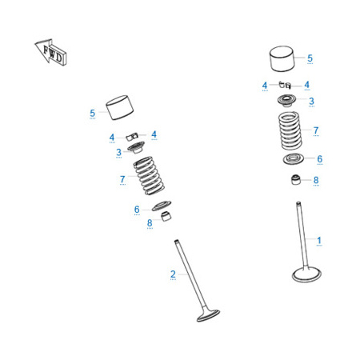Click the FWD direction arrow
point(50,52)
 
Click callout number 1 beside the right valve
point(319,240)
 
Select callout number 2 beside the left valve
point(173,274)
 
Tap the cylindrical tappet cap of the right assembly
point(282,59)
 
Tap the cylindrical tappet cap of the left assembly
point(120,107)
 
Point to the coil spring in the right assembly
point(290,130)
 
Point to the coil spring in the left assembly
point(149,175)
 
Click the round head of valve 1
point(306,274)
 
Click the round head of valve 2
point(208,315)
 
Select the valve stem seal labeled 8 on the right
point(295,179)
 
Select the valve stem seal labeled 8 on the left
point(166,216)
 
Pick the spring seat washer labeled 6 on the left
point(162,206)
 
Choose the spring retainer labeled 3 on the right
point(287,101)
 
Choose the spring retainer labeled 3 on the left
point(136,147)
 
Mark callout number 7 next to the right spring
point(316,130)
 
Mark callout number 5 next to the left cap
point(92,113)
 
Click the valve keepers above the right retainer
point(285,85)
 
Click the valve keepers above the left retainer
point(132,136)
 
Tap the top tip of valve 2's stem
point(176,241)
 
